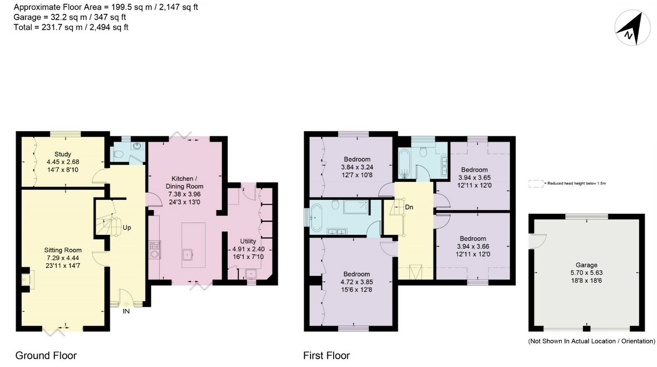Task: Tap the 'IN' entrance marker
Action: tap(126, 311)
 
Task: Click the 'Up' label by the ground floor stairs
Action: tap(126, 227)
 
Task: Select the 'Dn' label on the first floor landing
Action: tap(409, 207)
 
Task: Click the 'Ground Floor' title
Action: tap(46, 355)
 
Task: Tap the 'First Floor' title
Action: tap(326, 355)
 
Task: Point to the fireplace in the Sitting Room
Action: tap(26, 279)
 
